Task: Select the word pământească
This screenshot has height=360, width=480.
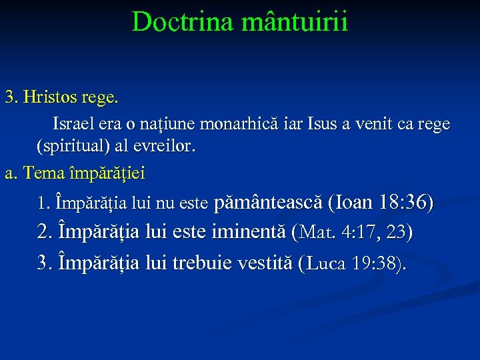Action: coord(270,201)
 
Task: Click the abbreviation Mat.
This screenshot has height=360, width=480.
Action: coord(317,233)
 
